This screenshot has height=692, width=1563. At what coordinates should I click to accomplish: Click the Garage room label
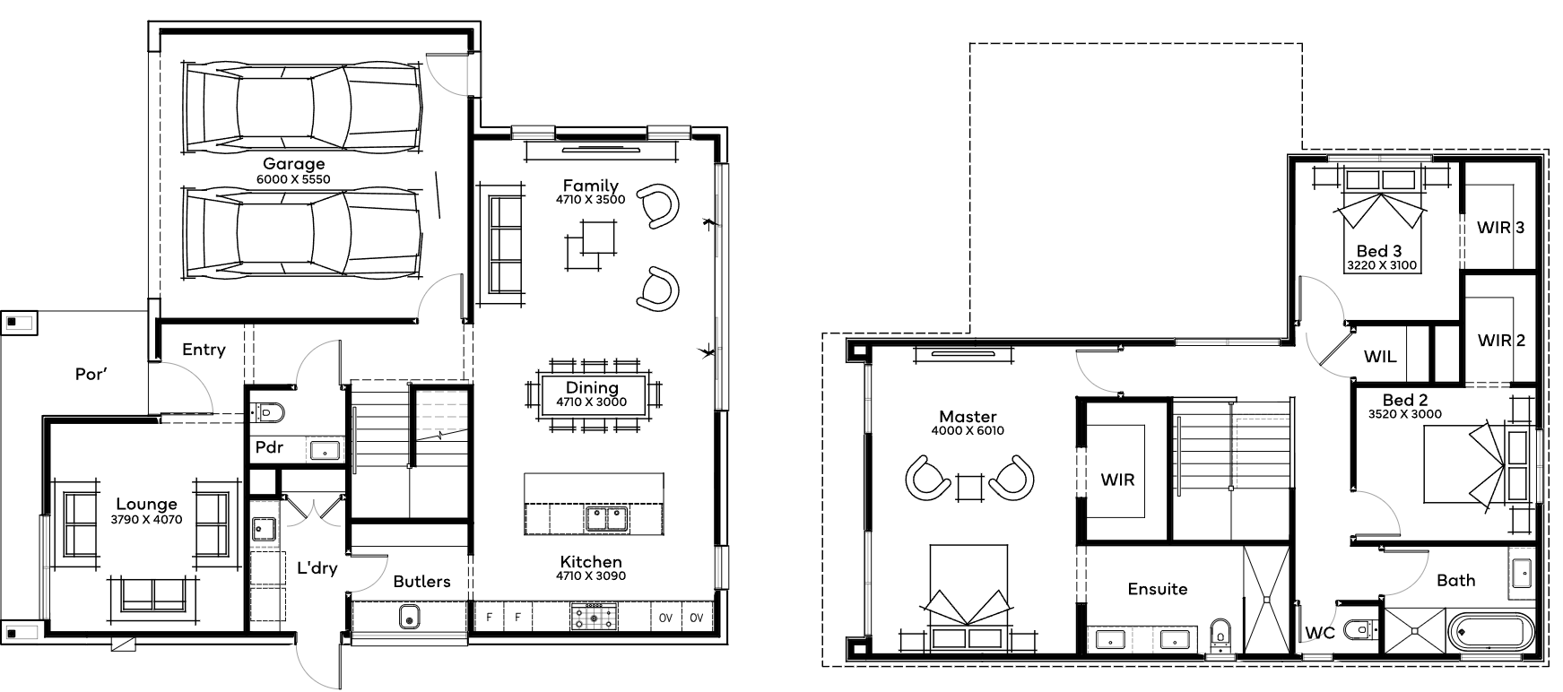click(293, 164)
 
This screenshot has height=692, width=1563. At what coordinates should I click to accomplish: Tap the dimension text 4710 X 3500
click(590, 200)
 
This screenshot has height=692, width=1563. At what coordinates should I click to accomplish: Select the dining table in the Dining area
click(592, 395)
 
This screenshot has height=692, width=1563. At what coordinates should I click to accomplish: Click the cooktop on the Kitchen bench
click(594, 617)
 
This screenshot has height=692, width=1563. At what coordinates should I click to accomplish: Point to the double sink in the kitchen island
click(607, 518)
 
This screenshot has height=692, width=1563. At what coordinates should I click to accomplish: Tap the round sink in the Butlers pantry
click(409, 618)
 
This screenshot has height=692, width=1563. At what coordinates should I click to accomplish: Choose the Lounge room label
click(146, 505)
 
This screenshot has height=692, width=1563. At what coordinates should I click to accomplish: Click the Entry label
click(204, 350)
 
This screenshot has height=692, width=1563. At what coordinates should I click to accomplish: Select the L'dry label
click(317, 567)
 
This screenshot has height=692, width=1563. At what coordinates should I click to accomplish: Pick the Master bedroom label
click(968, 417)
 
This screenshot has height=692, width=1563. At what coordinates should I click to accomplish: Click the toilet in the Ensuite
click(1220, 631)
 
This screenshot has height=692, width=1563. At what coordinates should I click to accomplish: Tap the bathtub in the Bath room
click(1492, 631)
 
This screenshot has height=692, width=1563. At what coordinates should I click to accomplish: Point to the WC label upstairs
click(1321, 632)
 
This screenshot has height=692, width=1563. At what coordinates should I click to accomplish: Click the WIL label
click(1380, 357)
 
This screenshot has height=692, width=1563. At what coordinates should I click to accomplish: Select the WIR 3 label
click(1500, 228)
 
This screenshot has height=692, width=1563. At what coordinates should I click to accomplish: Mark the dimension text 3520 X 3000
click(1405, 414)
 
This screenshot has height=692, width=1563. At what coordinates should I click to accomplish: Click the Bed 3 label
click(1379, 252)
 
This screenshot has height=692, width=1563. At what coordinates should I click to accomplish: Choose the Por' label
click(91, 374)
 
